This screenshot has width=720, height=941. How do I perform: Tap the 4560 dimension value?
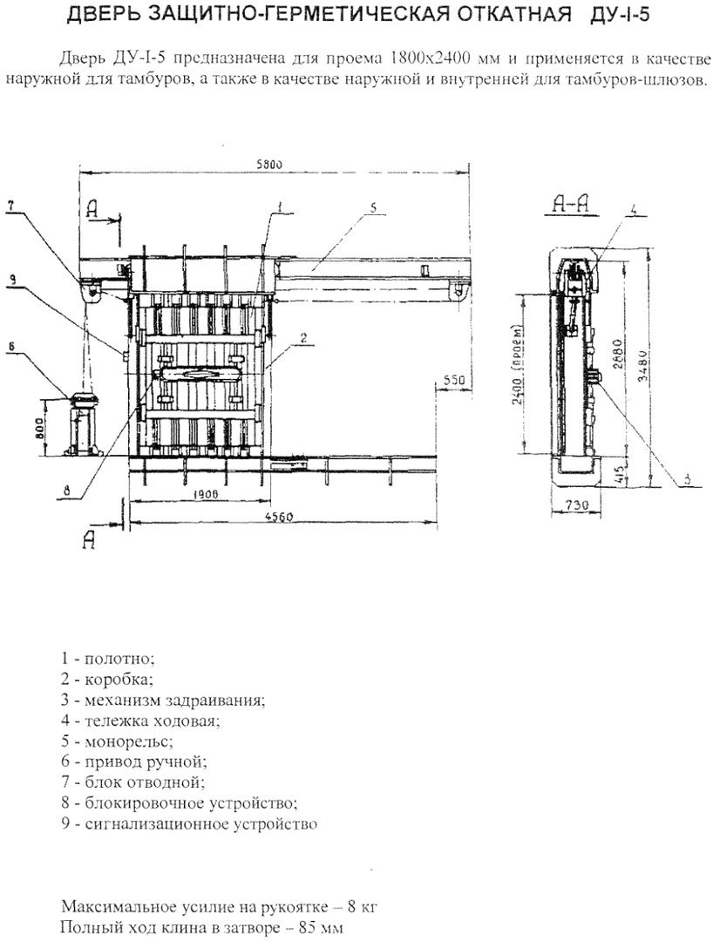coord(278,517)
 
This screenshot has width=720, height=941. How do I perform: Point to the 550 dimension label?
coord(455,380)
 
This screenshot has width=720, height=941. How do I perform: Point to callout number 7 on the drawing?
coord(12,206)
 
